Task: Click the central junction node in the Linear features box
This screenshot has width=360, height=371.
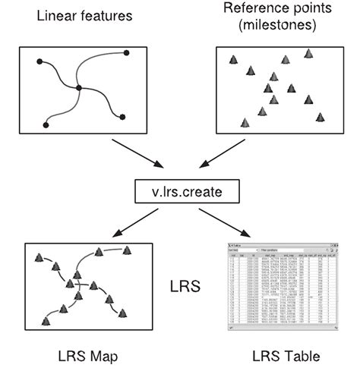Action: (x=79, y=89)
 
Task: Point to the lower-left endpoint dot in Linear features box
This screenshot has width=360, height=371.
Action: (x=47, y=124)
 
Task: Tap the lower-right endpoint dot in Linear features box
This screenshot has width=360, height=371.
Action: (x=122, y=117)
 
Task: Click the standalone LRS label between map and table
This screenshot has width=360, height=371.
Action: (x=181, y=288)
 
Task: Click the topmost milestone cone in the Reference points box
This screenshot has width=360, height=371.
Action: (x=308, y=53)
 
